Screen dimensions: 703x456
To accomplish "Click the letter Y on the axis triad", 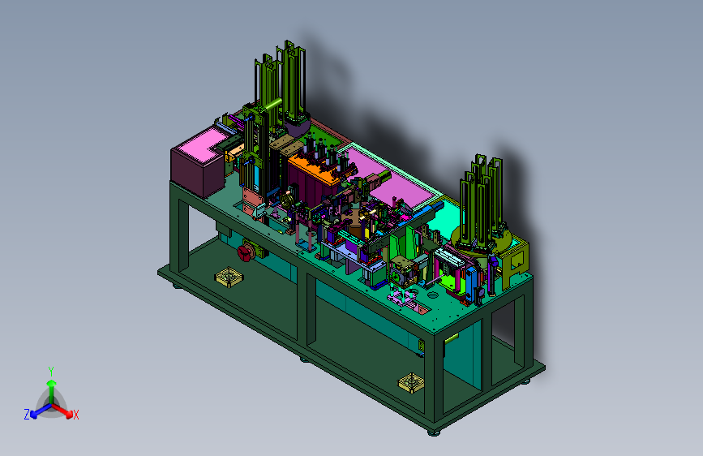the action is (x=51, y=372).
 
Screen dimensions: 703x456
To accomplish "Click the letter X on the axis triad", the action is (x=76, y=415).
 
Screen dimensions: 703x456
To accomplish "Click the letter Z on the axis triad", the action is (x=27, y=415).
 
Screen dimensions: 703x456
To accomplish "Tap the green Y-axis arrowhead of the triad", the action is (x=52, y=383).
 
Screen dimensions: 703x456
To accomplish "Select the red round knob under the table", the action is (x=245, y=252).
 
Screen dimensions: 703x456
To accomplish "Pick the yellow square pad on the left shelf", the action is (x=229, y=277).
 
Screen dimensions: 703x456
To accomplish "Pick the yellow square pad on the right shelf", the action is (x=411, y=382).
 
